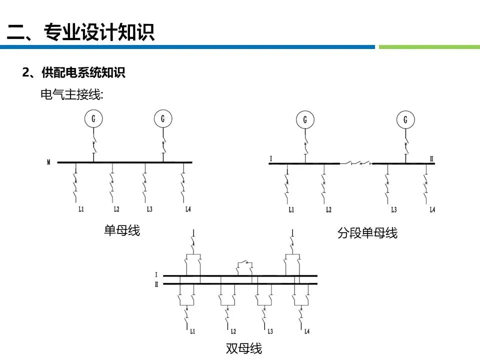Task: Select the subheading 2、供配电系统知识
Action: tap(73, 73)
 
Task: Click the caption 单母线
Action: tap(122, 230)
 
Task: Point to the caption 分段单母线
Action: tap(367, 233)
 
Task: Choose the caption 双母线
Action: tap(244, 348)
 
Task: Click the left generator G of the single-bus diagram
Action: tap(93, 119)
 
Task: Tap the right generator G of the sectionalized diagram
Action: tap(405, 119)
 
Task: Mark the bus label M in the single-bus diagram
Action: tap(48, 162)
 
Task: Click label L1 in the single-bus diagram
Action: tap(80, 209)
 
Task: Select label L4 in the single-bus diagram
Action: tap(188, 209)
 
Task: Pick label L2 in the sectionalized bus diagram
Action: tap(328, 209)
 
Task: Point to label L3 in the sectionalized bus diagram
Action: tap(394, 209)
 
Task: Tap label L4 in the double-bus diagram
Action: tap(307, 331)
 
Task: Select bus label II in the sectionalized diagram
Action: tap(431, 159)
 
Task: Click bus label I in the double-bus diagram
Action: tap(156, 275)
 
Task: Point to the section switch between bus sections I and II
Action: tap(356, 163)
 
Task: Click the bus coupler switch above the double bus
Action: tap(244, 263)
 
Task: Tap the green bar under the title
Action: tap(429, 47)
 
